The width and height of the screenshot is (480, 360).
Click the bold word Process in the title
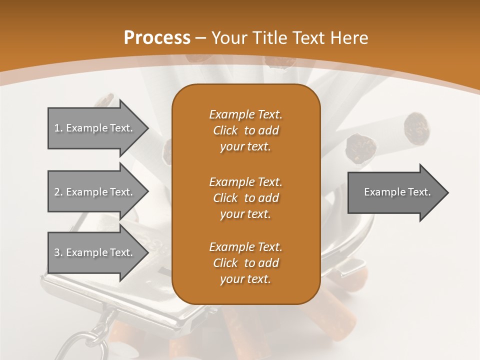click(x=157, y=38)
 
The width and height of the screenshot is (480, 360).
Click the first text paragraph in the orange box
click(x=245, y=130)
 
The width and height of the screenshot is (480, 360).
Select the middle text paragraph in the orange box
click(x=245, y=198)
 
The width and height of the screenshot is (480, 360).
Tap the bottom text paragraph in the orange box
click(x=245, y=263)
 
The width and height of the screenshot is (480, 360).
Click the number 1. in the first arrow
click(x=58, y=128)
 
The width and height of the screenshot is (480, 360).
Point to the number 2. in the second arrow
click(x=58, y=192)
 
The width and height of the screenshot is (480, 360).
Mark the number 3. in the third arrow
click(x=58, y=252)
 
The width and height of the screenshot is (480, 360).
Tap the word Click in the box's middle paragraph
click(x=225, y=198)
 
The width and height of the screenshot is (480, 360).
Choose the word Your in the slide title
click(x=228, y=38)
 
